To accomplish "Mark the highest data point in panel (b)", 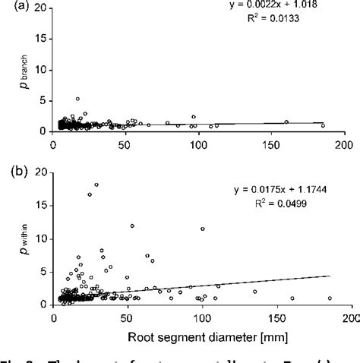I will pos(96,185).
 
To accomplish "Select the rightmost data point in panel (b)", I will pos(330,298).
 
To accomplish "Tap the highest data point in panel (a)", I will pos(77,99).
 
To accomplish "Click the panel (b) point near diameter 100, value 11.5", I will pos(202,229).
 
